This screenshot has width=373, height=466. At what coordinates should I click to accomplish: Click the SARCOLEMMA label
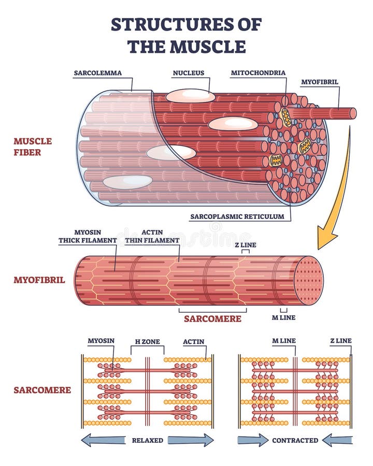(x=97, y=73)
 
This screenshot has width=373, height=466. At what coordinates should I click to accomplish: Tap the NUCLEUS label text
(x=189, y=73)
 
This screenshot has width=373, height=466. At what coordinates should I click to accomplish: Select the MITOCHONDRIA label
(x=258, y=73)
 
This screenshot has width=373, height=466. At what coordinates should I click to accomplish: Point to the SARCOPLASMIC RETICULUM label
(x=237, y=216)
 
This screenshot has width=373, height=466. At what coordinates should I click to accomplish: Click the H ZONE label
(x=148, y=342)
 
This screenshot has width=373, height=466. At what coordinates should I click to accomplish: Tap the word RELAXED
(x=148, y=441)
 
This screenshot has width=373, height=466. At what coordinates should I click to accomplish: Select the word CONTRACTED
(x=295, y=441)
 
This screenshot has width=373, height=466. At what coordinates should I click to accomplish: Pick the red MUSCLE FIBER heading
(x=33, y=147)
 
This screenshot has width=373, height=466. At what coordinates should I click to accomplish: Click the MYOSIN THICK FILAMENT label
(x=88, y=236)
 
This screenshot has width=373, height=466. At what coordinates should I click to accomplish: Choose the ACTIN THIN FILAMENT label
(x=152, y=236)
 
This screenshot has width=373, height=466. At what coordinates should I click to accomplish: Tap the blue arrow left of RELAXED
(x=103, y=440)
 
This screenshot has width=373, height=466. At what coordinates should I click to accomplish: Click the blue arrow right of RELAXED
(x=191, y=440)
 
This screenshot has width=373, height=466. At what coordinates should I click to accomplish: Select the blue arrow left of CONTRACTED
(x=253, y=440)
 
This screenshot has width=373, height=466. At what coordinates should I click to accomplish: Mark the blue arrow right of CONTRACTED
(x=337, y=440)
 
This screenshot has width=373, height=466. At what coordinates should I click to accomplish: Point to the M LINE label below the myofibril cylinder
(x=284, y=318)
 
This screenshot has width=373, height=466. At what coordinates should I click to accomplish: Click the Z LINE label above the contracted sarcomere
(x=341, y=341)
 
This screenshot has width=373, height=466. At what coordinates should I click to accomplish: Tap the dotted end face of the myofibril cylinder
(x=308, y=281)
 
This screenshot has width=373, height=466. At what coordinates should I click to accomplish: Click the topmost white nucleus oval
(x=190, y=96)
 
